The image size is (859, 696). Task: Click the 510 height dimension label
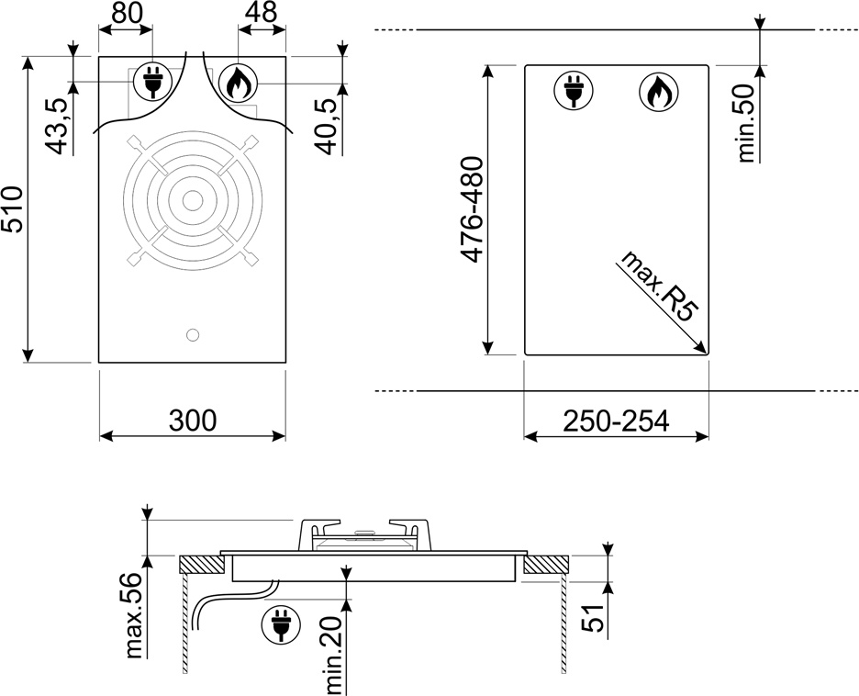click(13, 209)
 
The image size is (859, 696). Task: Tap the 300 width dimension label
click(193, 421)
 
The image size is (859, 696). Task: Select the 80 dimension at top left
click(126, 13)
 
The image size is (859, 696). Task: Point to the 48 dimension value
click(261, 12)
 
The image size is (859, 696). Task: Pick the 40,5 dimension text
click(328, 126)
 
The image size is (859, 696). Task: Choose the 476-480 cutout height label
click(472, 209)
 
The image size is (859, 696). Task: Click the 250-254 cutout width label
click(617, 421)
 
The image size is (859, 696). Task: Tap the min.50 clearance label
click(745, 123)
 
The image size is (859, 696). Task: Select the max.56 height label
click(134, 615)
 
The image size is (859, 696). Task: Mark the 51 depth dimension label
click(593, 618)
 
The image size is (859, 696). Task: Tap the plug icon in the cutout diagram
click(574, 91)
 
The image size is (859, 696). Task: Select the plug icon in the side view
click(282, 624)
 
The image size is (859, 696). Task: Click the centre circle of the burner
click(193, 200)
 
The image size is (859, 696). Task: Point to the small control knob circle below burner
click(193, 335)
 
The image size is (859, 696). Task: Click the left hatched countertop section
click(201, 565)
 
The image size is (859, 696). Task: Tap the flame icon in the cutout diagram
click(659, 91)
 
